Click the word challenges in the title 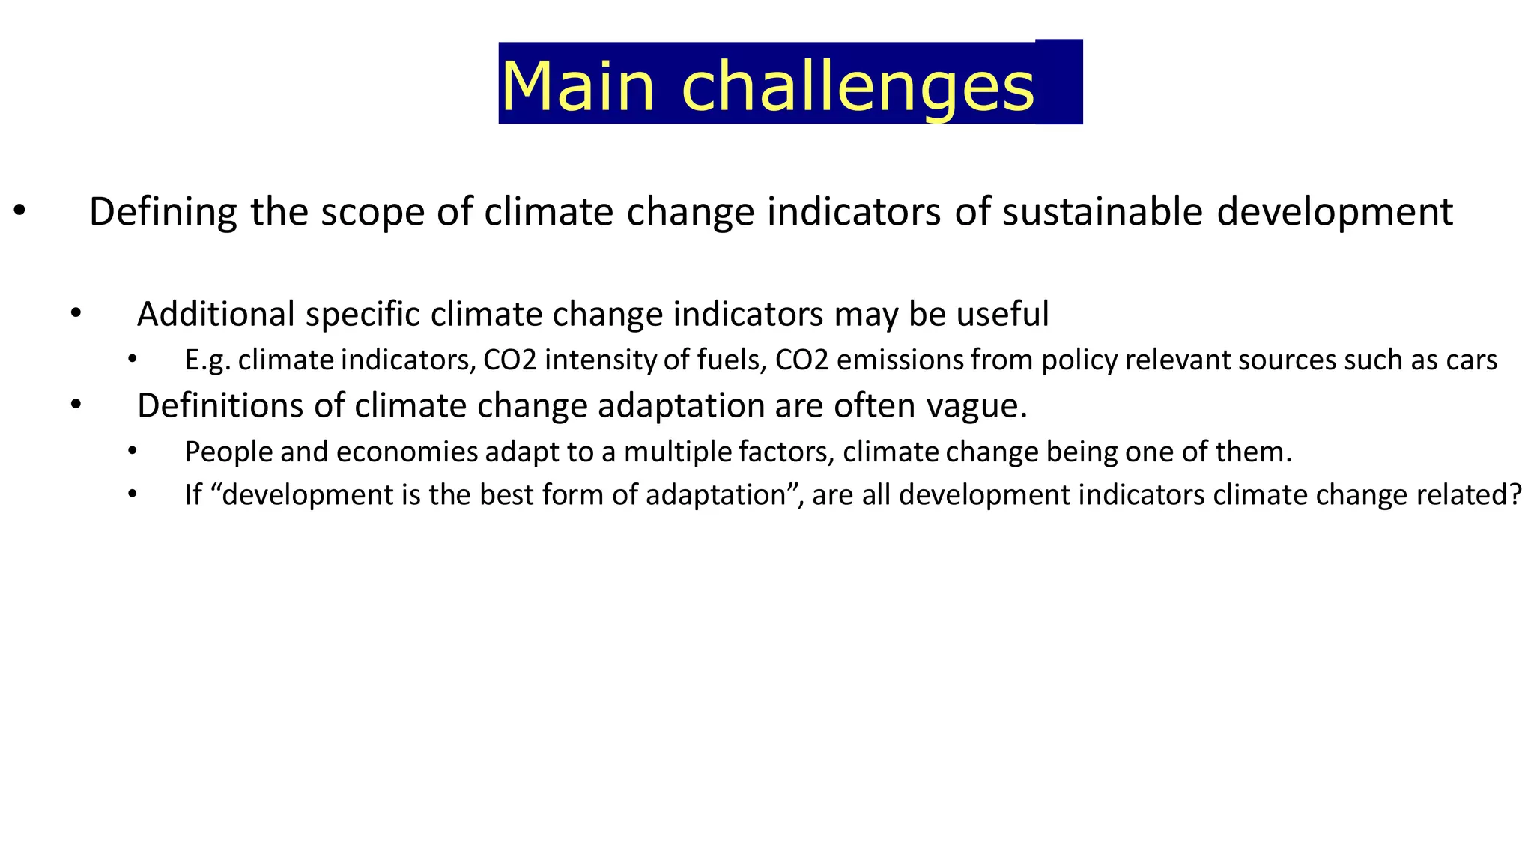(x=858, y=88)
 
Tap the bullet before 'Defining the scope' (x=19, y=212)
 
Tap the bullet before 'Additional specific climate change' (x=75, y=314)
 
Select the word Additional (x=216, y=314)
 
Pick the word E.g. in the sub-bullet (x=207, y=361)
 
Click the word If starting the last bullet (x=193, y=495)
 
